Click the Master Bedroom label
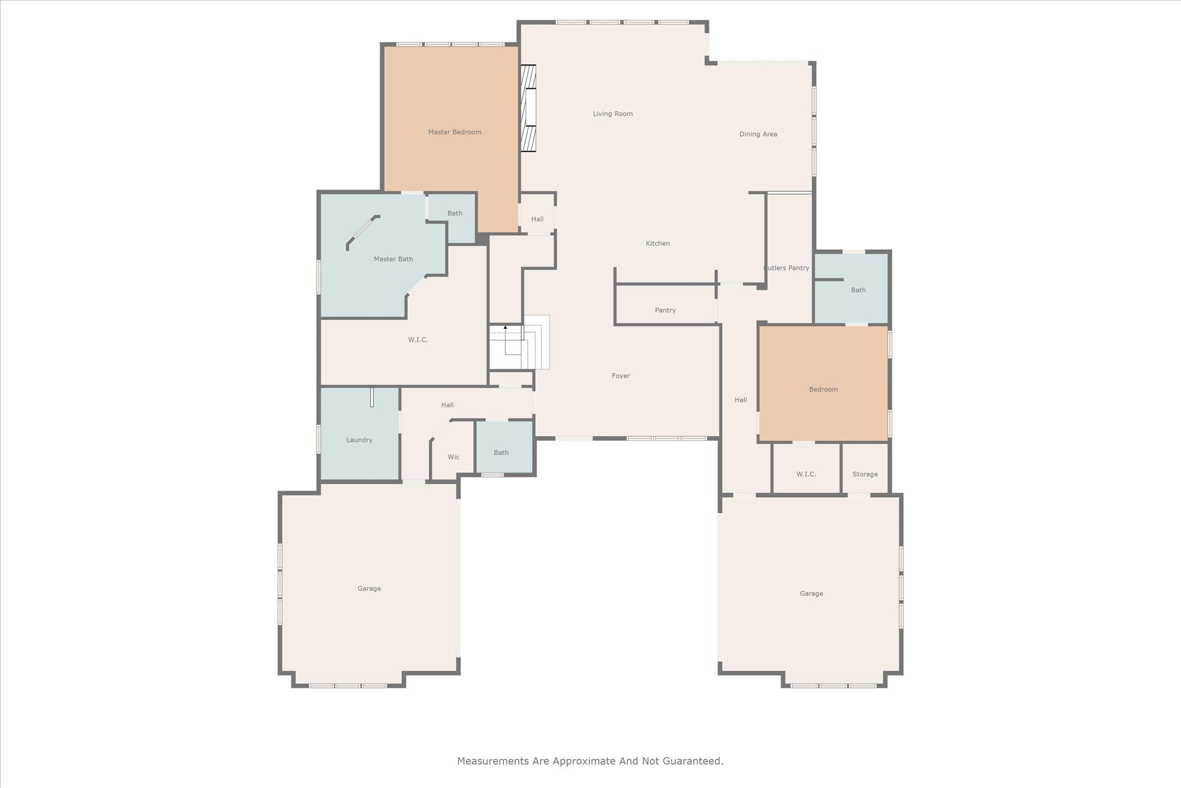pyautogui.click(x=454, y=132)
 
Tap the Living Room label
pyautogui.click(x=612, y=114)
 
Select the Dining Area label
pyautogui.click(x=758, y=134)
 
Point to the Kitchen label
pyautogui.click(x=657, y=243)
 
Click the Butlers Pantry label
pyautogui.click(x=787, y=268)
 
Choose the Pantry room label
pyautogui.click(x=665, y=310)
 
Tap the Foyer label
pyautogui.click(x=620, y=376)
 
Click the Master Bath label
pyautogui.click(x=393, y=259)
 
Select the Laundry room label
pyautogui.click(x=359, y=440)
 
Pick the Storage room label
pyautogui.click(x=864, y=474)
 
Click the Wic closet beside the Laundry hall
pyautogui.click(x=453, y=457)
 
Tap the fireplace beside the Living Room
pyautogui.click(x=528, y=108)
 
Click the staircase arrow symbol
pyautogui.click(x=505, y=328)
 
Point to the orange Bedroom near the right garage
pyautogui.click(x=823, y=389)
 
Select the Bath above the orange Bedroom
pyautogui.click(x=857, y=290)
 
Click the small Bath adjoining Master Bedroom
pyautogui.click(x=454, y=213)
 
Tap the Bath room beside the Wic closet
pyautogui.click(x=501, y=453)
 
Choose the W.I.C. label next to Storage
pyautogui.click(x=806, y=474)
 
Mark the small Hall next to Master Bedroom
pyautogui.click(x=537, y=219)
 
